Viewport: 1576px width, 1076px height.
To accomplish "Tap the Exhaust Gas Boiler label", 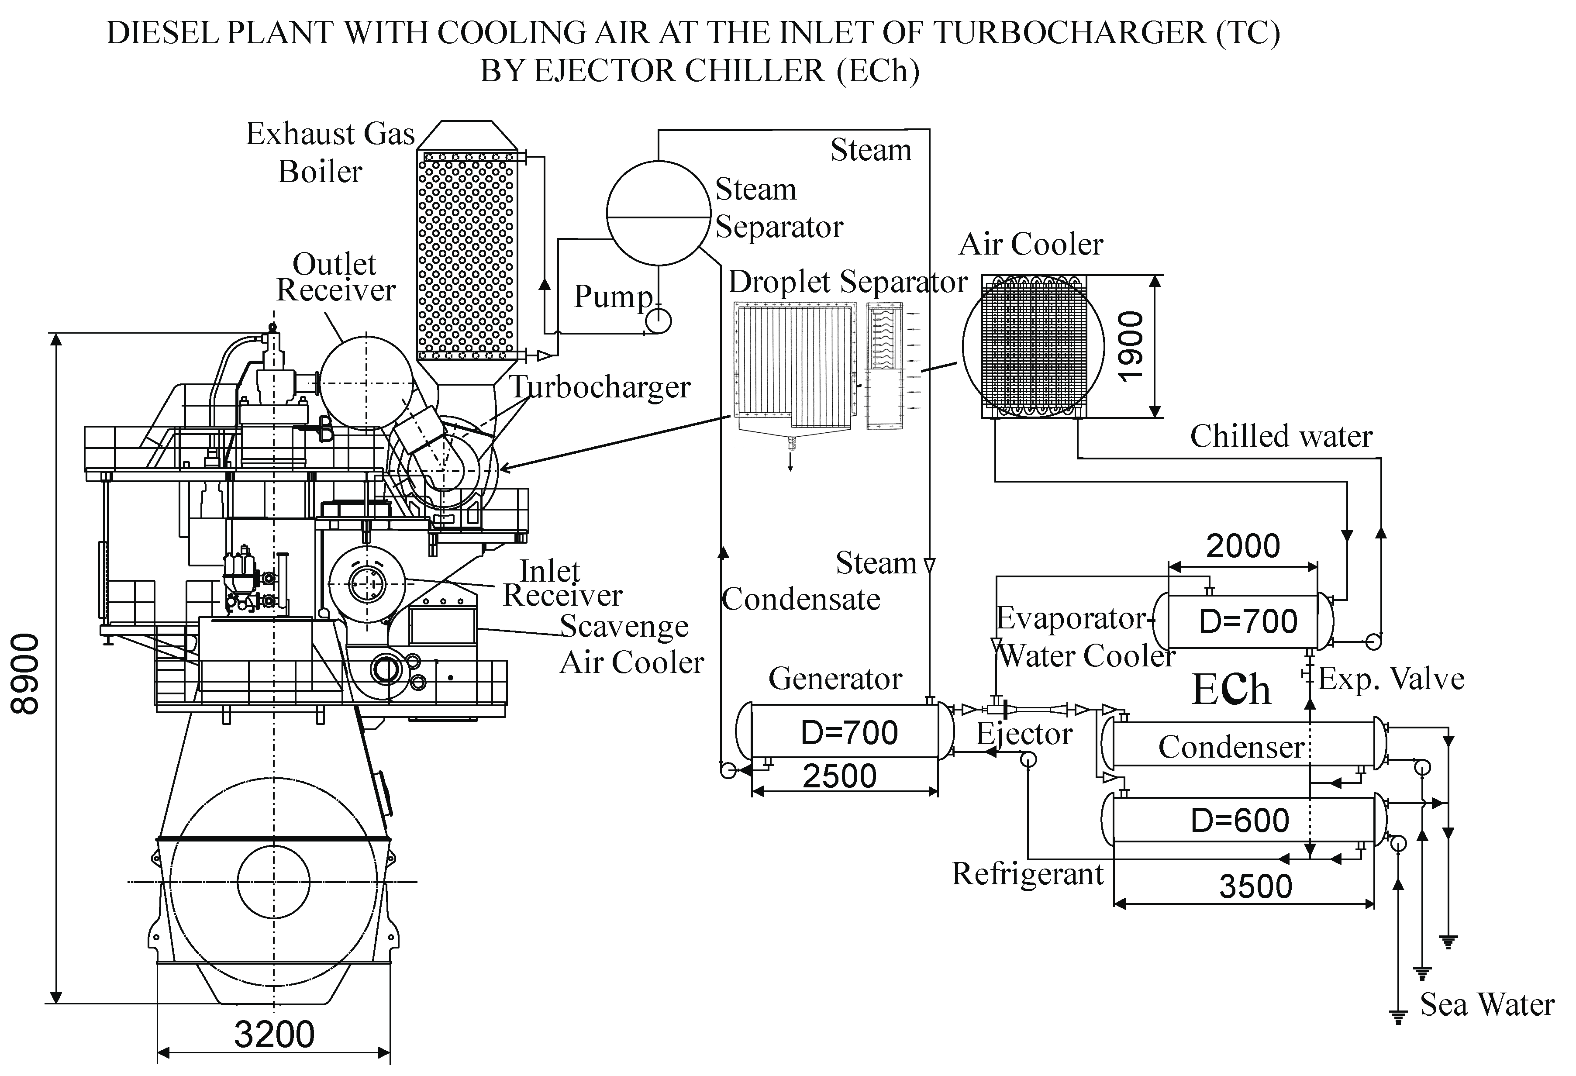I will [330, 152].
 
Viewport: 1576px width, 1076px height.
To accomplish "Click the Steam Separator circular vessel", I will [658, 214].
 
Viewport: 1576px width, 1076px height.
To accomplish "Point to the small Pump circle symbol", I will [658, 321].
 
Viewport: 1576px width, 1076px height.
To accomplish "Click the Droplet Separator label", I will [848, 282].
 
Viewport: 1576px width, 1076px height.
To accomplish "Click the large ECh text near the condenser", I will [1231, 690].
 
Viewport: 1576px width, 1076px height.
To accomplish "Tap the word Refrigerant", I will [1028, 874].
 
